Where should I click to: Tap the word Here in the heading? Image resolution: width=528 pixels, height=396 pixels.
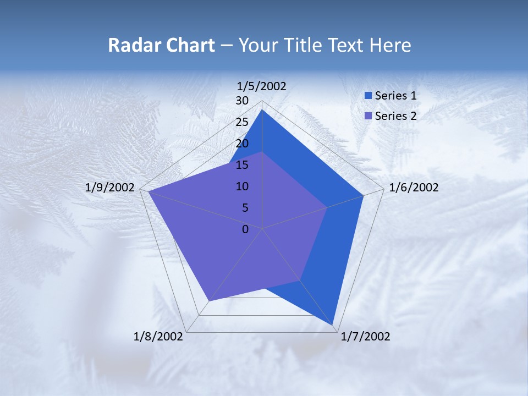coord(390,46)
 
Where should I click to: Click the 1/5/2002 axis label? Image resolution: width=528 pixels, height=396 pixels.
coord(262,86)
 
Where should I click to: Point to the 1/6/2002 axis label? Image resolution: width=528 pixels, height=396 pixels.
coord(414,188)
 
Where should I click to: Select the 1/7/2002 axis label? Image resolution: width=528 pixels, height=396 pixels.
coord(365,337)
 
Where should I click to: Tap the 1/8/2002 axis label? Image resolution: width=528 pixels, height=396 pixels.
coord(158,337)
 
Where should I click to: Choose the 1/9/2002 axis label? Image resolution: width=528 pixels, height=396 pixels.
coord(110,188)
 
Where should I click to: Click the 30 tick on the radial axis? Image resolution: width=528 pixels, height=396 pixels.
coord(242,101)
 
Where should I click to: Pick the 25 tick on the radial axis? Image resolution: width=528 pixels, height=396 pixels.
coord(242,122)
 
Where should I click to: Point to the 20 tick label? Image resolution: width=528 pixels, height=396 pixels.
coord(242,144)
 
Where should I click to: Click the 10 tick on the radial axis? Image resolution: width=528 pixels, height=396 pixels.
coord(242,186)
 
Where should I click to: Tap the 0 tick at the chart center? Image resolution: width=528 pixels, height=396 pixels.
coord(245,229)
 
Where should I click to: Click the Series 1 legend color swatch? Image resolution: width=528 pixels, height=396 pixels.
coord(369,96)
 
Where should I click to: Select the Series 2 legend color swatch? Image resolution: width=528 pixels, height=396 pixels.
coord(369,116)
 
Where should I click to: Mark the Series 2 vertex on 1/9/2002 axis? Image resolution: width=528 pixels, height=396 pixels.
coord(148,191)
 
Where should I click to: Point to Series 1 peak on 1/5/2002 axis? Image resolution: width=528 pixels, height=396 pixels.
coord(262,110)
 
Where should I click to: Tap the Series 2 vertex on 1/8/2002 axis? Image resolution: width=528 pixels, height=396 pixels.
coord(209,301)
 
